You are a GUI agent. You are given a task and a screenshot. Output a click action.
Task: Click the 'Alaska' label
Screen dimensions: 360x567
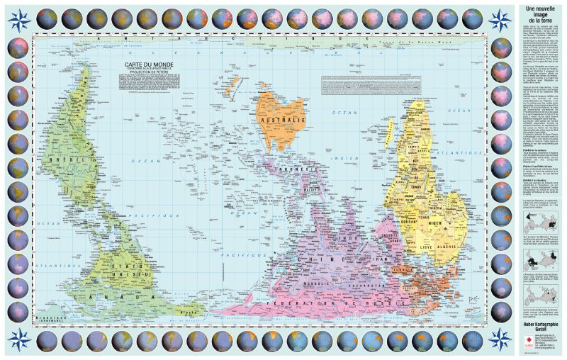[x=189, y=309]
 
